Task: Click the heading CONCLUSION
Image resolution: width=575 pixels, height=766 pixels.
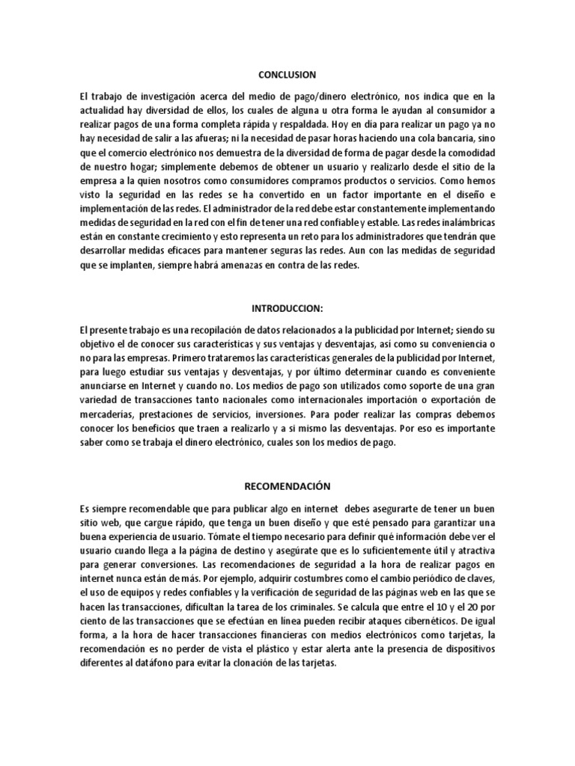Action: tap(287, 75)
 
